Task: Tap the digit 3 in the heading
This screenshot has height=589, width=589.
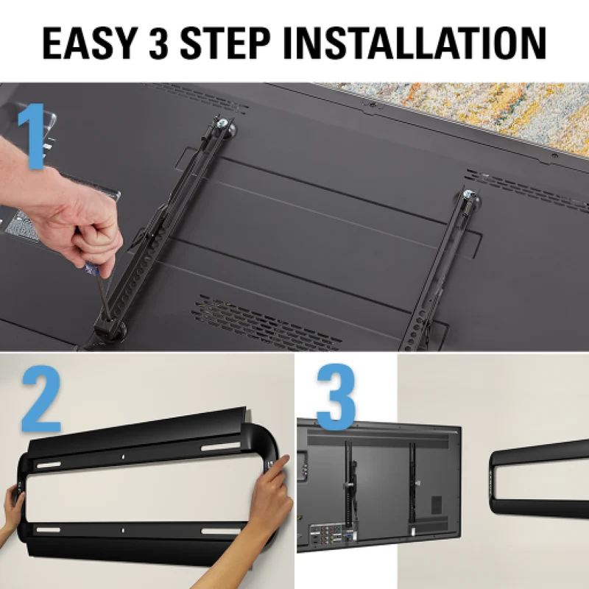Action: pos(159,43)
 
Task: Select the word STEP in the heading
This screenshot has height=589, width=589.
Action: pos(225,43)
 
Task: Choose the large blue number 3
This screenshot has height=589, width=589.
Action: pos(336,398)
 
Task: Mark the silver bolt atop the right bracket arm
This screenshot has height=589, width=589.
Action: pos(468,194)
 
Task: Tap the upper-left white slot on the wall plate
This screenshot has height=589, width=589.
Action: pos(49,465)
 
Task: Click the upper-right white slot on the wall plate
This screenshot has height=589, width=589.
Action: pos(220,447)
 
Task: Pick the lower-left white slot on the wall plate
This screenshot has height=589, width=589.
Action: pos(48,530)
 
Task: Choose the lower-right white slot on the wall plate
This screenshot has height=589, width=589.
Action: pos(219,531)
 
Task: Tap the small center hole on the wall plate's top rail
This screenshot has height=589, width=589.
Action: pos(123,456)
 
